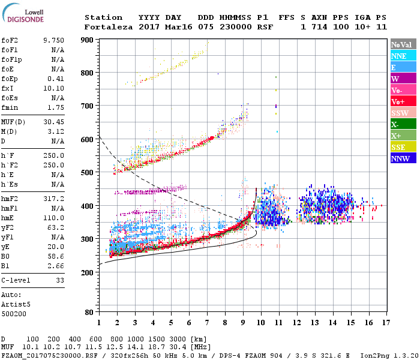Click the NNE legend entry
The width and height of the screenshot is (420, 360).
coord(403,56)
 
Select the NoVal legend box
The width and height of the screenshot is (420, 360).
coord(403,44)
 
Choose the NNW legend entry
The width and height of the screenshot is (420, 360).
coord(403,158)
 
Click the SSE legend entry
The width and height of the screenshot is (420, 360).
coord(403,147)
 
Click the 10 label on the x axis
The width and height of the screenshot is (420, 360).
coord(260,323)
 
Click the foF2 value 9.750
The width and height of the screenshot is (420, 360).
coord(52,40)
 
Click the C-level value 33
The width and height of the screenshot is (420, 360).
coord(59,280)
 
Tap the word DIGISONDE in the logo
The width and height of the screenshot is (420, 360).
coord(22,20)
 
